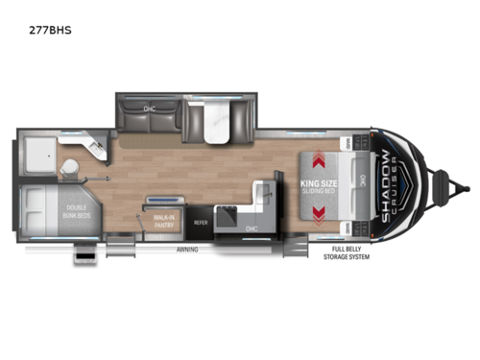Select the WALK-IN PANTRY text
(162, 222)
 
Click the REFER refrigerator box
(201, 223)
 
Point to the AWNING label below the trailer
(188, 248)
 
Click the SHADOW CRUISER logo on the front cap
(386, 186)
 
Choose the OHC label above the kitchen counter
(251, 228)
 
